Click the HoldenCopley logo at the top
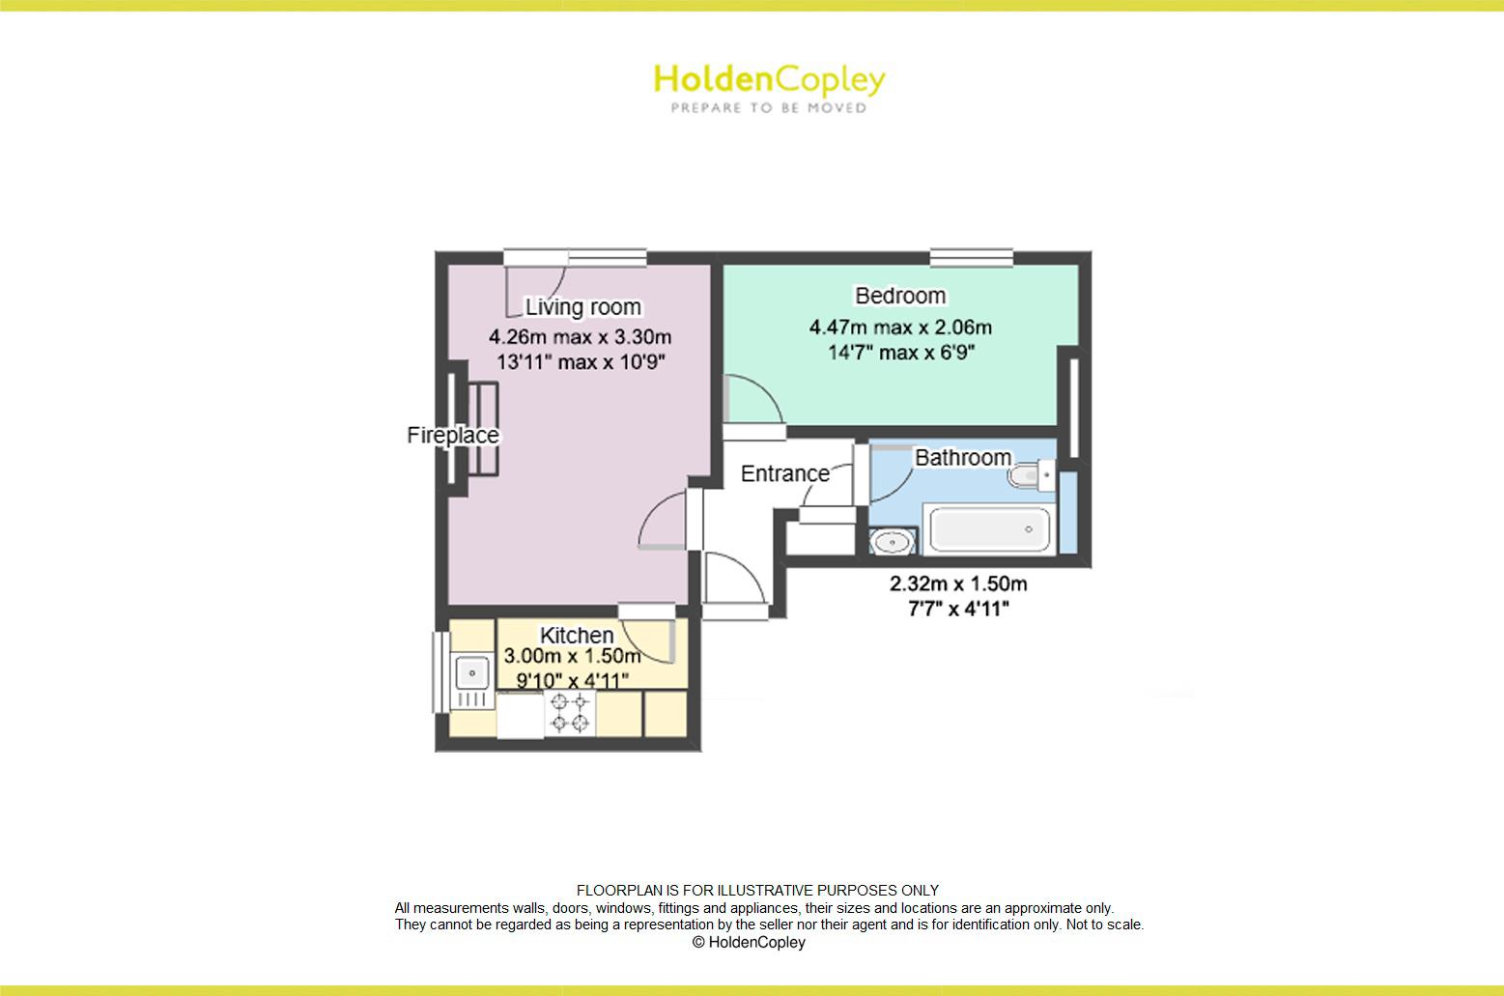(x=769, y=79)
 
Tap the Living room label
(x=582, y=307)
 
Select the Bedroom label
(x=900, y=296)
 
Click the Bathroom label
(x=963, y=457)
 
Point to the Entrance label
(x=784, y=473)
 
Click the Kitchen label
(x=577, y=636)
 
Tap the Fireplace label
(x=453, y=435)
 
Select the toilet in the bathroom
(x=1030, y=475)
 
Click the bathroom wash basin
(x=894, y=542)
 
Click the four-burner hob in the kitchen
(x=570, y=713)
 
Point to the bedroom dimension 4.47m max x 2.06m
(x=900, y=327)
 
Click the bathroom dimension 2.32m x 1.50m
(x=958, y=583)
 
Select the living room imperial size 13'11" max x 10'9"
(x=581, y=362)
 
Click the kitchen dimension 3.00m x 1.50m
(x=573, y=657)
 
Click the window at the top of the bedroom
(x=972, y=257)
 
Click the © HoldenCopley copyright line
(x=749, y=942)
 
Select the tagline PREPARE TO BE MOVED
(x=769, y=108)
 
